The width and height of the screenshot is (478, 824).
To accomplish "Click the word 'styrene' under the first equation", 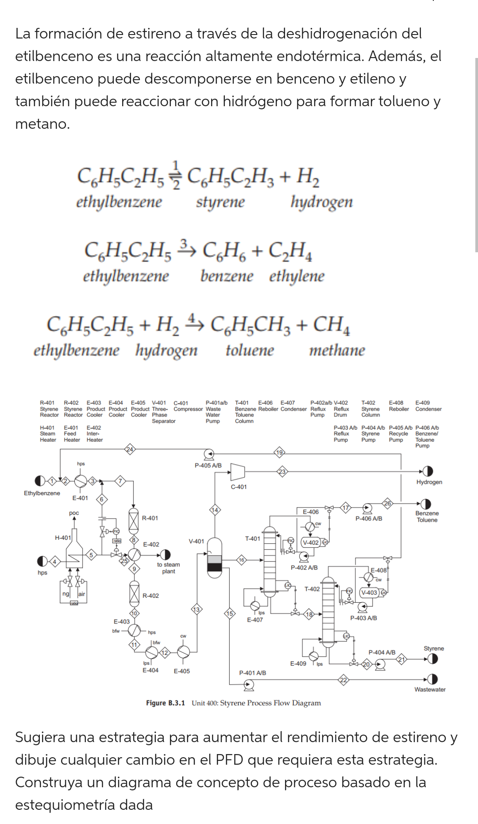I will (x=220, y=202).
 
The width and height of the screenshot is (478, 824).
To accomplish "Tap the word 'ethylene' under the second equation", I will (x=297, y=276).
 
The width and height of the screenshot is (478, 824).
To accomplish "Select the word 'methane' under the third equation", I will (x=337, y=350).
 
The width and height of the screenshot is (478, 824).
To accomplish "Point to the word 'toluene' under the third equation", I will (x=250, y=350).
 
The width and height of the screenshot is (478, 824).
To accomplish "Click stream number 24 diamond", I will (x=130, y=449).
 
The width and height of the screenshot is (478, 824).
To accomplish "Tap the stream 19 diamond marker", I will (x=279, y=452).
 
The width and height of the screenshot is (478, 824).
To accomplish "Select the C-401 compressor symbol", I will (x=237, y=472).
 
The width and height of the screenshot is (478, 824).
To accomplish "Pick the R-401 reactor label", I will (x=150, y=518).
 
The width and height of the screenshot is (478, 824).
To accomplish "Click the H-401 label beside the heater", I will (x=63, y=538).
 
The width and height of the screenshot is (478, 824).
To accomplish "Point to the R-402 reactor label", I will (x=150, y=596).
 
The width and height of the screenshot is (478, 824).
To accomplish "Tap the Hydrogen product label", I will (x=429, y=482).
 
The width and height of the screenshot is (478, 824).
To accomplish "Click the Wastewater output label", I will (x=430, y=689).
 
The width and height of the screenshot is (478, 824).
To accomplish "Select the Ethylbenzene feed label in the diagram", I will (x=42, y=493).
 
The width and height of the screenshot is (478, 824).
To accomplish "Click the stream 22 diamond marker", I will (x=343, y=680).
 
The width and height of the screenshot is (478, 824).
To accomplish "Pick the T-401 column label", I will (x=253, y=539).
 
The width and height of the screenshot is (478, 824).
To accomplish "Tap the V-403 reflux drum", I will (x=369, y=593).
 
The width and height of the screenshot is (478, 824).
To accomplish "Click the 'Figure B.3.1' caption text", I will (x=166, y=703).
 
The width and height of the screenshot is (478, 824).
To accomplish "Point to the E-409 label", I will (x=298, y=664).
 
